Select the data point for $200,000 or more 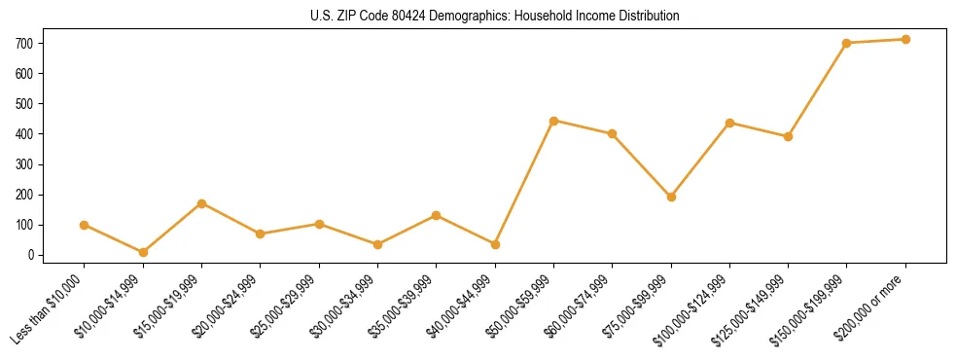pos(905,40)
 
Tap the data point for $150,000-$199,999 pos(846,43)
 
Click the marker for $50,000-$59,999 pos(553,121)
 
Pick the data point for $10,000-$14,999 pos(143,252)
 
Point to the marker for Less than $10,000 pos(85,225)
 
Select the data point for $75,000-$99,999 pos(671,197)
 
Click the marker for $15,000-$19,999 pos(201,203)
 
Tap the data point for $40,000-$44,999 pos(495,244)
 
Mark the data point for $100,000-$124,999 pos(729,123)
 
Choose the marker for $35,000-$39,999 pos(436,215)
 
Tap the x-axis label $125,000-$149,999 pos(752,310)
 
